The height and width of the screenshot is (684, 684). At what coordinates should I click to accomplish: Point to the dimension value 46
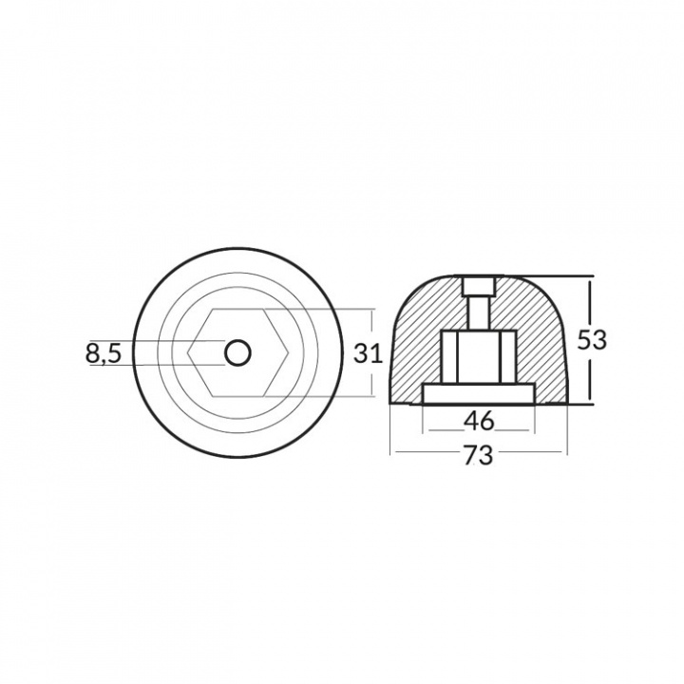coord(478,419)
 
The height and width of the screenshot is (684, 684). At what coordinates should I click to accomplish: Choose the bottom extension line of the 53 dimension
coord(579,402)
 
